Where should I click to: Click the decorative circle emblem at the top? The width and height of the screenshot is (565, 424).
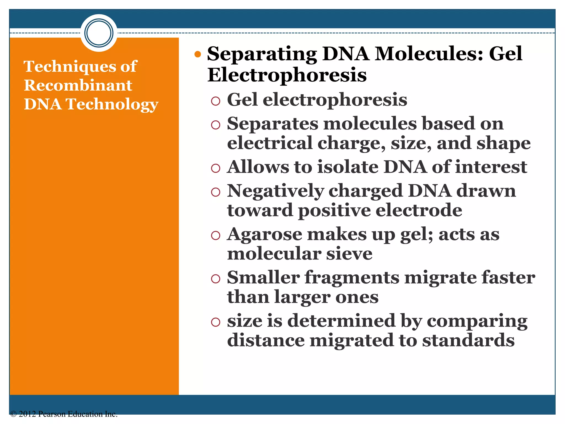99,33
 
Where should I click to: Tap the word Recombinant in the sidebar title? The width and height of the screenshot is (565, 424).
78,85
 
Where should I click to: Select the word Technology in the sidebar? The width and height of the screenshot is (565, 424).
112,104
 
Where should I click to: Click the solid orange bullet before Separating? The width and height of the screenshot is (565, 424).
198,54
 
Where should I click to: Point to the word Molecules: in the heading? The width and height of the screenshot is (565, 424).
428,54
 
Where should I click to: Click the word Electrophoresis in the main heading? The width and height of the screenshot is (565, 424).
287,75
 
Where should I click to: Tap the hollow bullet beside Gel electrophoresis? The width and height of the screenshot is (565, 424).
215,101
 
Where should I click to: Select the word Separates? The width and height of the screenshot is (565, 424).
272,124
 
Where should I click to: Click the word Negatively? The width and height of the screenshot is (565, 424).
275,191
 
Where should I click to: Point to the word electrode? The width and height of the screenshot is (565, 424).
419,210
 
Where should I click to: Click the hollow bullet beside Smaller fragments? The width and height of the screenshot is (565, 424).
215,279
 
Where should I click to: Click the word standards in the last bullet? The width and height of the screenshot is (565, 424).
468,340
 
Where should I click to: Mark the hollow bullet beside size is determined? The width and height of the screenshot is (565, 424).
215,322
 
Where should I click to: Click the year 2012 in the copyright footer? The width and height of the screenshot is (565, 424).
27,414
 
